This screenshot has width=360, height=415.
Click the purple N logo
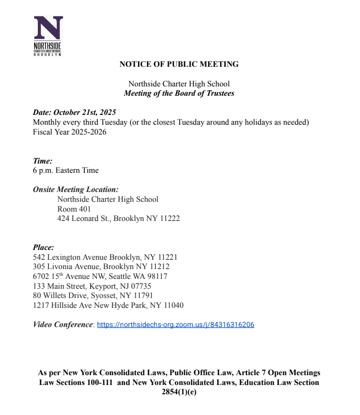pyautogui.click(x=48, y=28)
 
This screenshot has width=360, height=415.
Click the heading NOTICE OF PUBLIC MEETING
pyautogui.click(x=179, y=64)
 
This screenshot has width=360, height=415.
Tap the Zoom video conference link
pyautogui.click(x=176, y=325)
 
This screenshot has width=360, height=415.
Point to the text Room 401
pyautogui.click(x=74, y=209)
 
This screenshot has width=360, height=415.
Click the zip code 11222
pyautogui.click(x=169, y=218)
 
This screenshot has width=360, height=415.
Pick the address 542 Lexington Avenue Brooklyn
pyautogui.click(x=105, y=257)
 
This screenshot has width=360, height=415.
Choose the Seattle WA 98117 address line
pyautogui.click(x=100, y=276)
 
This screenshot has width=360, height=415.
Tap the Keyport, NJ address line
pyautogui.click(x=92, y=286)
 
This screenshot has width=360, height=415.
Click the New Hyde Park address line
pyautogui.click(x=108, y=305)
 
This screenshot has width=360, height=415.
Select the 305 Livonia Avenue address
pyautogui.click(x=101, y=266)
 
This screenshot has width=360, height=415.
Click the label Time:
pyautogui.click(x=42, y=161)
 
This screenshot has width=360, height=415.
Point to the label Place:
pyautogui.click(x=44, y=247)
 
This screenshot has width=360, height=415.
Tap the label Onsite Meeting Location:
pyautogui.click(x=76, y=189)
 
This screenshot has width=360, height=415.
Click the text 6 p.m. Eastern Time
pyautogui.click(x=65, y=170)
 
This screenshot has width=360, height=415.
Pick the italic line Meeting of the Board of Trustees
pyautogui.click(x=179, y=94)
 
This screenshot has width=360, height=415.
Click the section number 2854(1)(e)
pyautogui.click(x=179, y=392)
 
